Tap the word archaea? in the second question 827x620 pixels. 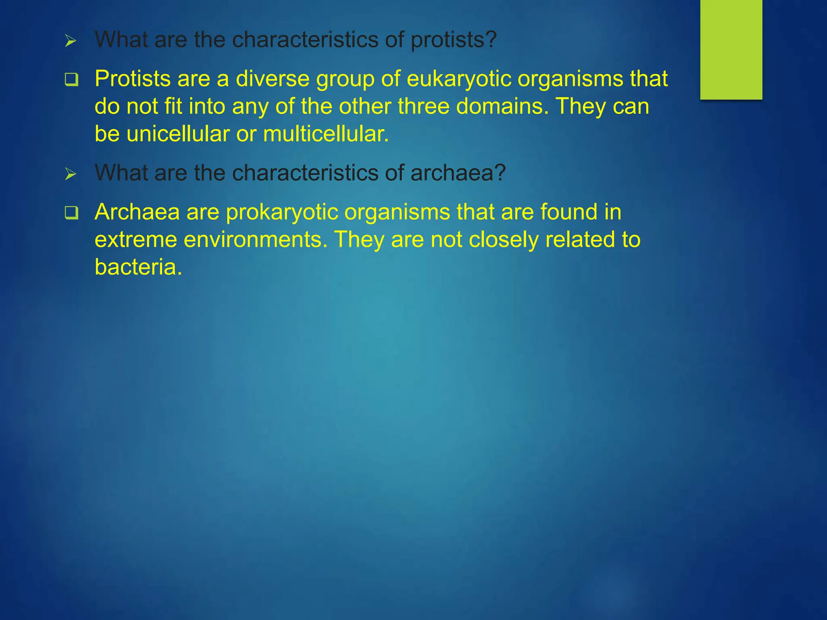pos(458,173)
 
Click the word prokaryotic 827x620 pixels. pos(282,212)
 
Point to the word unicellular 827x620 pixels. pos(178,134)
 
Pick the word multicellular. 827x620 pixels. pos(326,134)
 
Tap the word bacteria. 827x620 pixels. pos(138,267)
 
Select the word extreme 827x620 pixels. pos(136,240)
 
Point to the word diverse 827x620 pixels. pos(273,79)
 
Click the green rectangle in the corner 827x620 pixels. pos(731,49)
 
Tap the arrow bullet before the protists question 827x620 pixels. pos(71,41)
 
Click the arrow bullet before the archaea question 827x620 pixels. pos(71,174)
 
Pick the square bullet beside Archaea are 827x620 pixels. pos(71,213)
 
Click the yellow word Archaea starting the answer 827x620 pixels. pos(137,212)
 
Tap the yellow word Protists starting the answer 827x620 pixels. pos(132,79)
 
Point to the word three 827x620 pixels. pos(423,107)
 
